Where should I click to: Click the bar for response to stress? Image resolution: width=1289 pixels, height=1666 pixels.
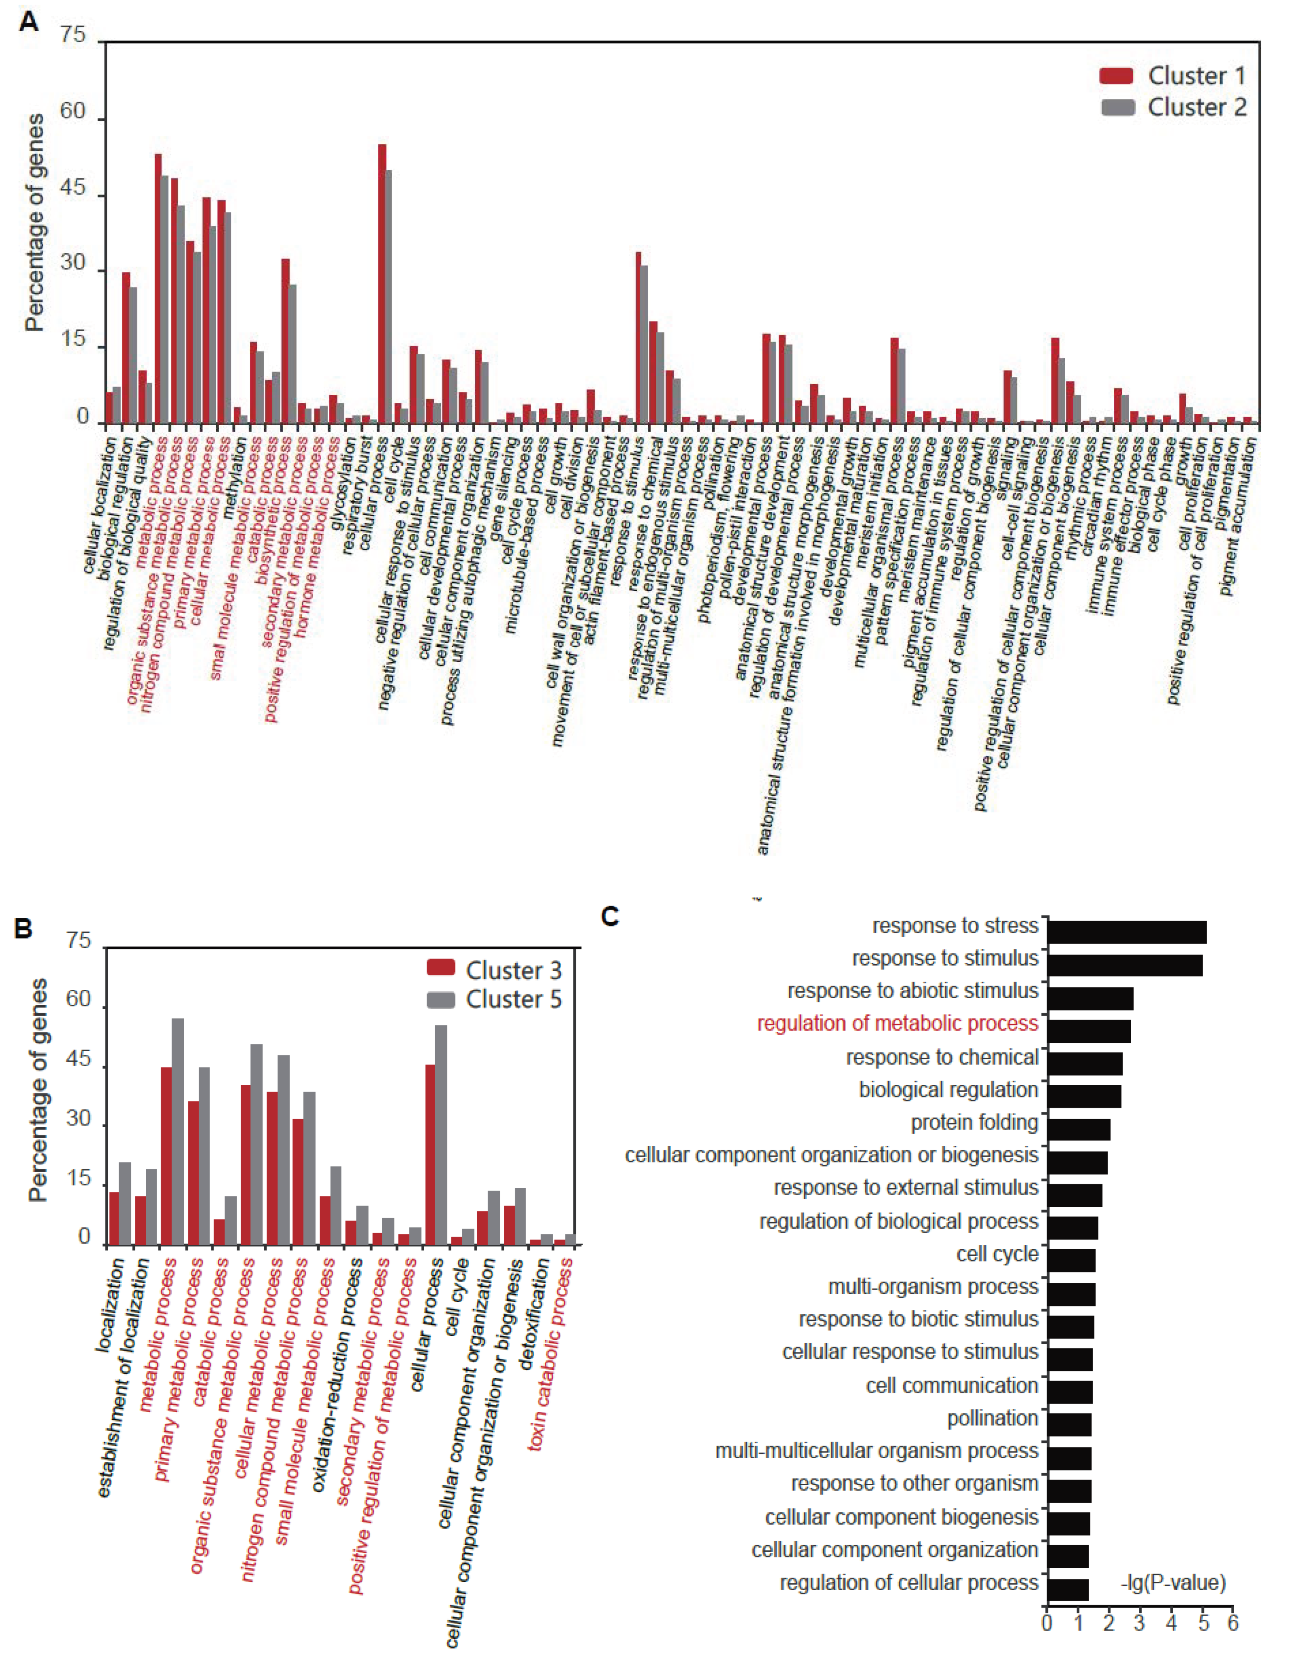1126,932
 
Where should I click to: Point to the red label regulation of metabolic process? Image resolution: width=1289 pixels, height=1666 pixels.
897,1024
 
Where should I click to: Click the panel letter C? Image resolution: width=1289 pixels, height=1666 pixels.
610,916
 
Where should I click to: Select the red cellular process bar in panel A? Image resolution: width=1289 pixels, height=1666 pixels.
382,284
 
